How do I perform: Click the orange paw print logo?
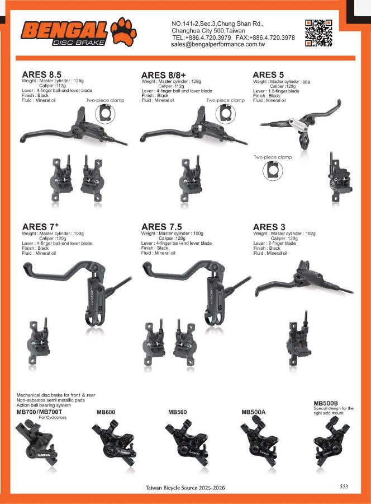[x=123, y=31]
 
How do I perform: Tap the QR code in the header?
[x=318, y=33]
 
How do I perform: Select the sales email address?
[x=218, y=44]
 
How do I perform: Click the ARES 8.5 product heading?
[x=41, y=74]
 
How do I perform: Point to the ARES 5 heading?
[x=268, y=74]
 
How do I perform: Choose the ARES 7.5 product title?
[x=161, y=227]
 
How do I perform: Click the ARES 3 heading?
[x=269, y=227]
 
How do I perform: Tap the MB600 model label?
[x=106, y=412]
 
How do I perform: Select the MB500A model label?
[x=253, y=412]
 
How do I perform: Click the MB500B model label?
[x=326, y=403]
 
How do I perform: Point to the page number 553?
[x=344, y=486]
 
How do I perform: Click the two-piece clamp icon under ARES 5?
[x=273, y=171]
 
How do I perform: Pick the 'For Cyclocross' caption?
[x=53, y=418]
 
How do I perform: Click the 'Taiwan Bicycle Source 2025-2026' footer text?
[x=185, y=488]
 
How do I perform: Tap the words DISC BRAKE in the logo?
[x=79, y=43]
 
